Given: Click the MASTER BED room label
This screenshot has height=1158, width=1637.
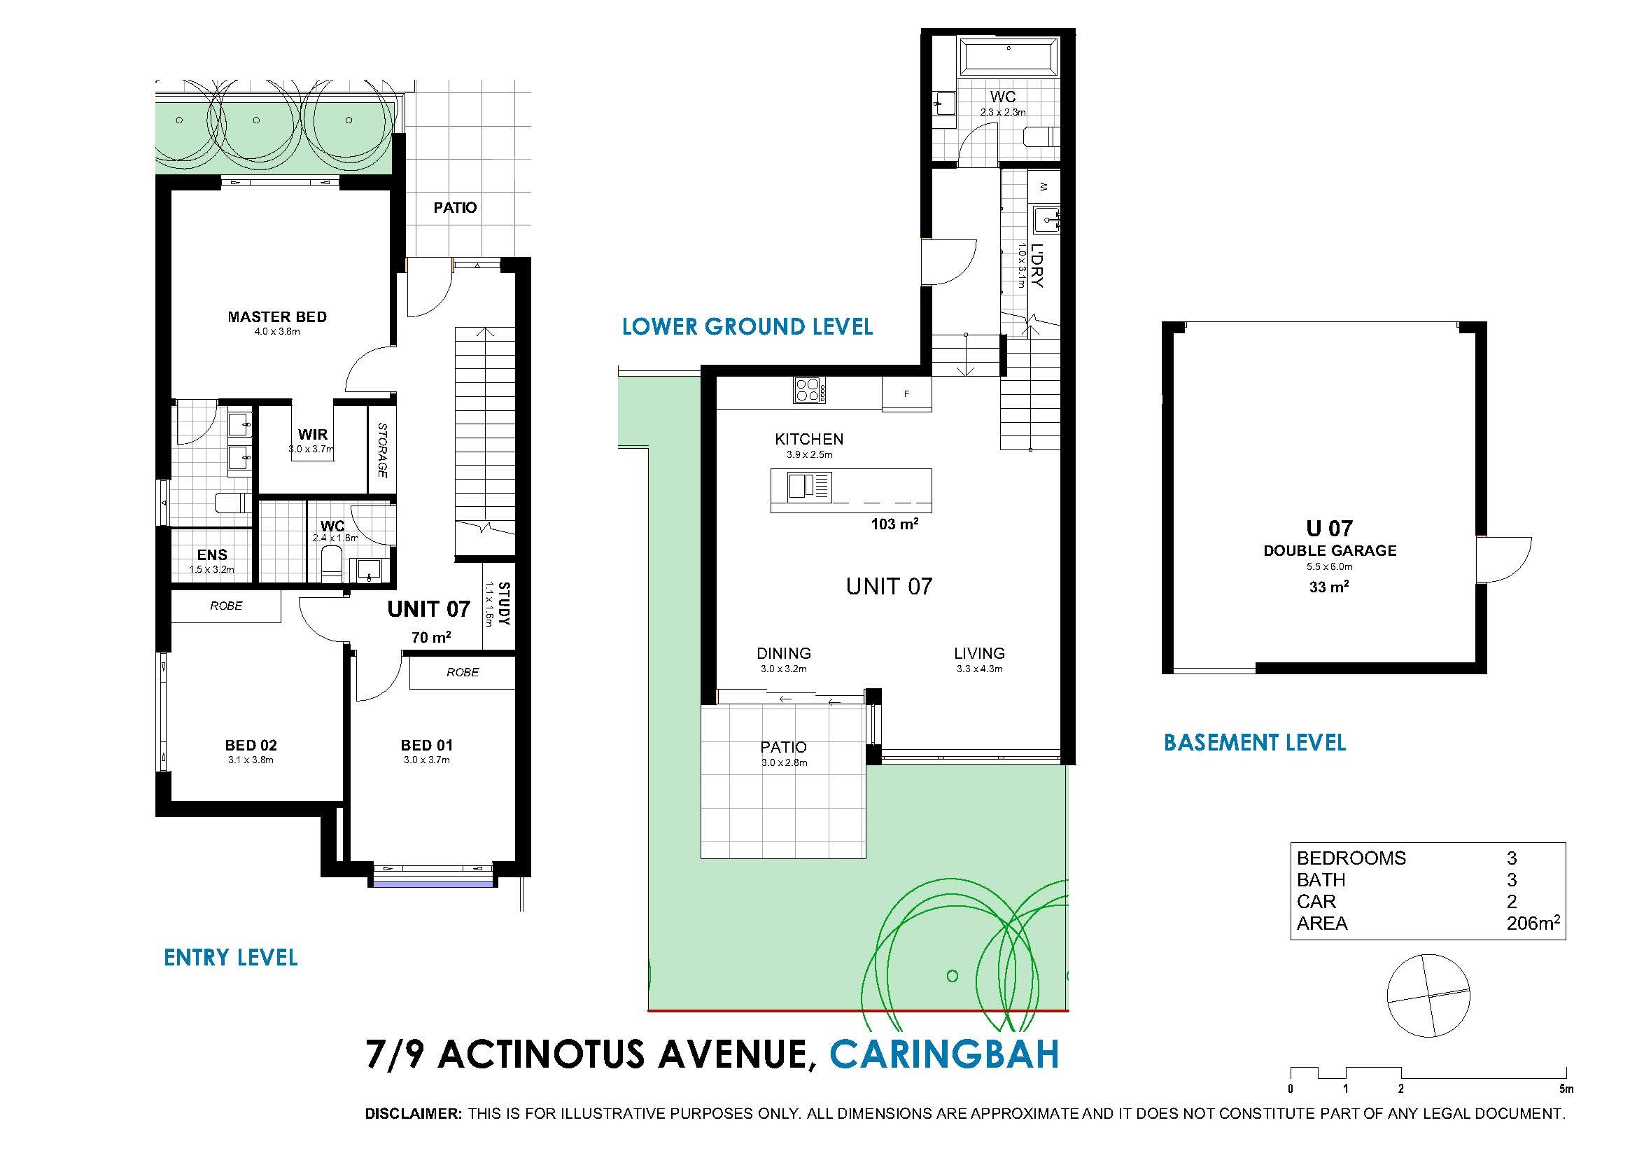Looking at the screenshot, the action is (x=277, y=316).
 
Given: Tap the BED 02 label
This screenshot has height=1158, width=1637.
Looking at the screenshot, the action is (x=251, y=745).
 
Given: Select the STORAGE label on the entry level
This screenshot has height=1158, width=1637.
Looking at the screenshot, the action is (x=382, y=450).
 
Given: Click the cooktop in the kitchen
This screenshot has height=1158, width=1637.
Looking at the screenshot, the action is (x=810, y=391).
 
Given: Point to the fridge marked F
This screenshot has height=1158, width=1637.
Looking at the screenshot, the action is (x=907, y=393).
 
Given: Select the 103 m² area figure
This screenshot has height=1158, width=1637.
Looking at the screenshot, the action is (x=894, y=524).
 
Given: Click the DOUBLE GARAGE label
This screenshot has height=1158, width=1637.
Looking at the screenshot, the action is (x=1330, y=550).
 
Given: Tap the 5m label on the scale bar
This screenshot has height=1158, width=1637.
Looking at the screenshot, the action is (x=1566, y=1109).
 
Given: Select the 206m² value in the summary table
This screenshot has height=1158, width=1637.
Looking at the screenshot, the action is (x=1533, y=923).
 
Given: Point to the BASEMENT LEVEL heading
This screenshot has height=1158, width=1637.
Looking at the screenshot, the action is (x=1255, y=743).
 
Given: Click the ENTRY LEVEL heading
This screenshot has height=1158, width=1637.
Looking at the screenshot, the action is (x=231, y=957).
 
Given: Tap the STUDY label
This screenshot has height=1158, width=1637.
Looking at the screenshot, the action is (x=504, y=604).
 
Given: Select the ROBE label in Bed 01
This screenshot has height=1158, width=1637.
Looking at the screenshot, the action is (x=463, y=672).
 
